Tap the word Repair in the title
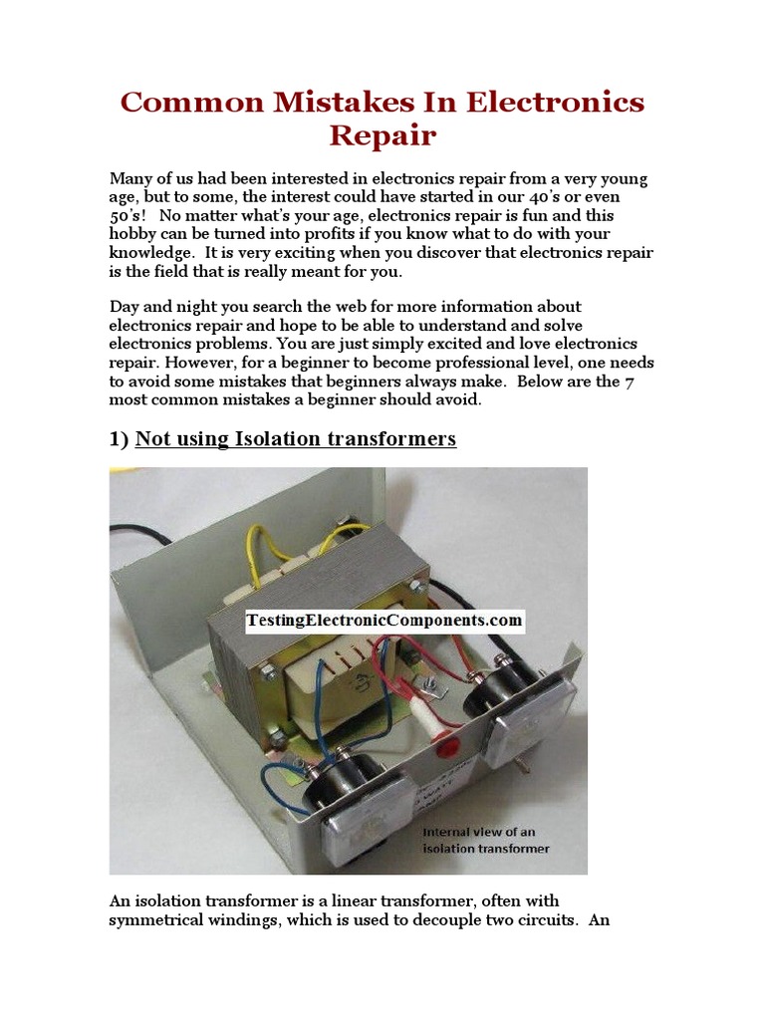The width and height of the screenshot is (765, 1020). (382, 135)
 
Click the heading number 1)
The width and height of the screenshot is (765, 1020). (120, 439)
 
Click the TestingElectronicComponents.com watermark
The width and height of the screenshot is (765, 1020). (384, 621)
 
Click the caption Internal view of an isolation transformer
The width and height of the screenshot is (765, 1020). (486, 841)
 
